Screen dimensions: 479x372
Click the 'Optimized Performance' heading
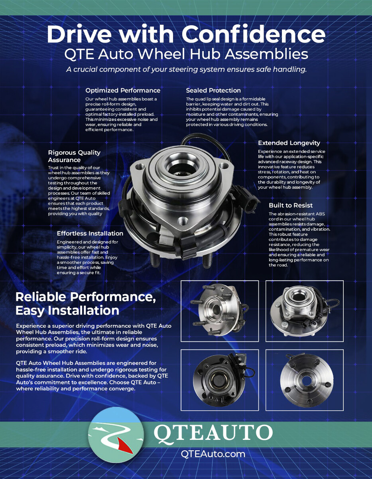pos(123,91)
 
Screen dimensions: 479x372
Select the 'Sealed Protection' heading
pos(213,91)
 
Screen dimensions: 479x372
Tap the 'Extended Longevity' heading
pos(289,143)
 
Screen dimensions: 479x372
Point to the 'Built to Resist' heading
pos(291,205)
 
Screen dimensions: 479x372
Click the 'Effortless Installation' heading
pos(90,234)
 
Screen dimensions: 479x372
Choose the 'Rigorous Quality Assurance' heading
pos(74,156)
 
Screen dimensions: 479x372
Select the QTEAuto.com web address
pos(213,454)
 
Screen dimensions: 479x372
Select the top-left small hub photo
pos(220,311)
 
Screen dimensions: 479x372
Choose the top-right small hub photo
pos(305,311)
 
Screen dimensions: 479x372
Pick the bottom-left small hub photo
pos(220,380)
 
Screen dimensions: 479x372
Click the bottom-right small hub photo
pos(305,380)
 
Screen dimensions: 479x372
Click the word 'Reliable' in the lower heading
pos(41,297)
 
